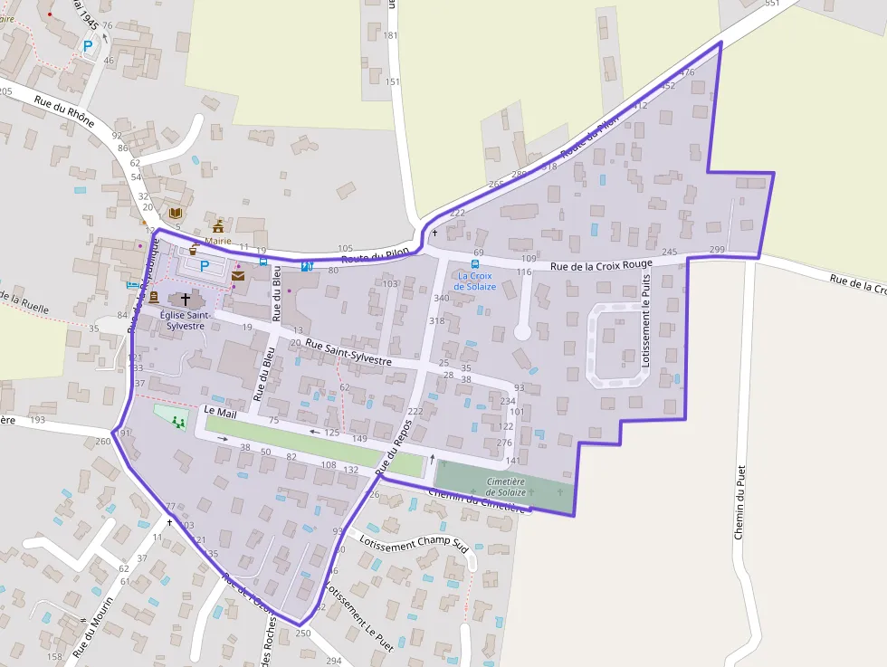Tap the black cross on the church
[x=186, y=299]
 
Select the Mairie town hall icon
[x=218, y=226]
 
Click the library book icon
[x=176, y=213]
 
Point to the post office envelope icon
[x=238, y=276]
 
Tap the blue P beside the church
[x=205, y=266]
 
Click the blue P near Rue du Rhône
[x=88, y=46]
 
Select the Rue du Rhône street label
[x=64, y=114]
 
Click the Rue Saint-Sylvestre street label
[x=348, y=352]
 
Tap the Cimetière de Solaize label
[x=506, y=487]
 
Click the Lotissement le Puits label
[x=646, y=322]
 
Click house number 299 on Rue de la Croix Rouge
[x=717, y=250]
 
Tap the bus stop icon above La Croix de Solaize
[x=475, y=264]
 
